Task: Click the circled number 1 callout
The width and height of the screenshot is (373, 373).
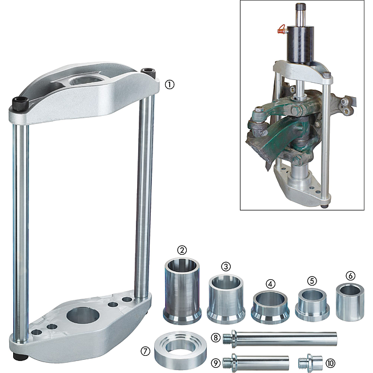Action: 170,85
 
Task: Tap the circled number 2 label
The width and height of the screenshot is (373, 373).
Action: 182,250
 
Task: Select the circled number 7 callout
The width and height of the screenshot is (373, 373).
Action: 145,351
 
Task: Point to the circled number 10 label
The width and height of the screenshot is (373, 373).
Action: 330,363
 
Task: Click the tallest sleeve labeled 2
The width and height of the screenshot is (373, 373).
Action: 182,291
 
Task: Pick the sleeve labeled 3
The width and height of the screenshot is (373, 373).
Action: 226,300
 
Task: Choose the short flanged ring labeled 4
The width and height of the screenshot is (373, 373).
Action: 270,307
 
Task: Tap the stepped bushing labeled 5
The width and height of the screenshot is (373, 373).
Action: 312,305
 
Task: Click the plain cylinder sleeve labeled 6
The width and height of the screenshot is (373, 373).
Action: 350,302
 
